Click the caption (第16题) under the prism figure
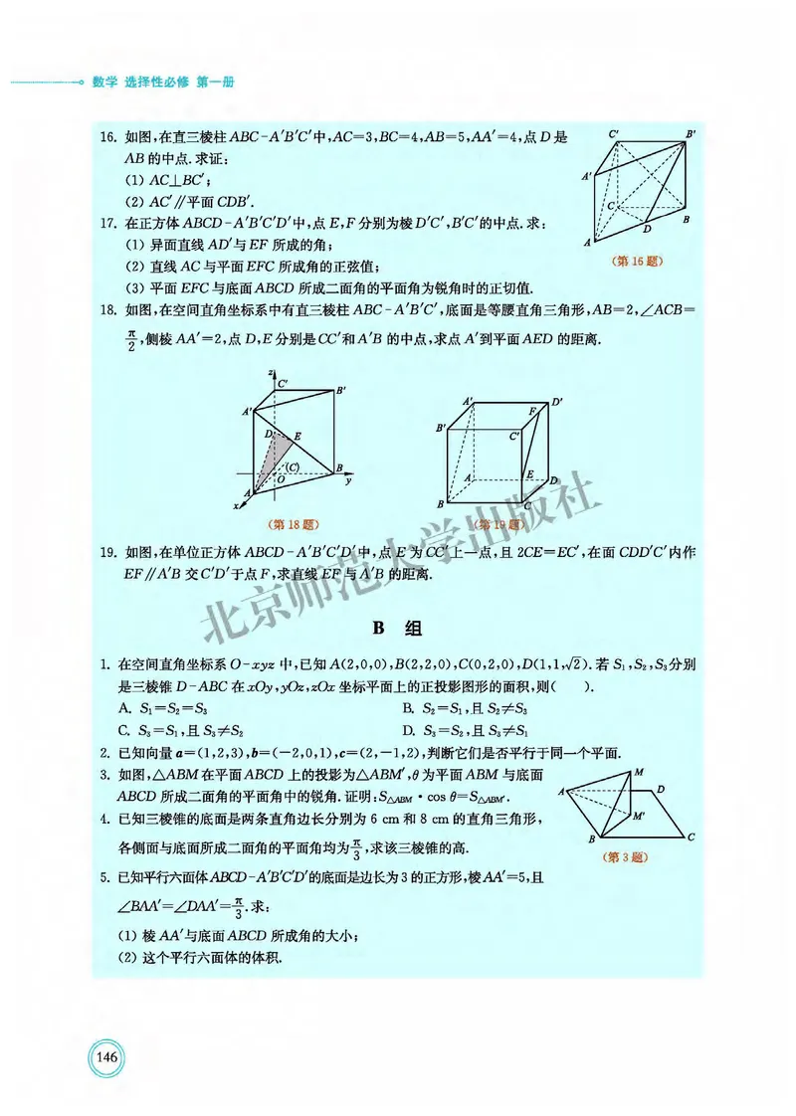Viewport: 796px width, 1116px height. click(637, 262)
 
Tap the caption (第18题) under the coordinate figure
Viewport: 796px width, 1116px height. click(288, 522)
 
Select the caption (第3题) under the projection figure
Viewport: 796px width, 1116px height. click(627, 855)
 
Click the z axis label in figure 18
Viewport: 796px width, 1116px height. click(270, 371)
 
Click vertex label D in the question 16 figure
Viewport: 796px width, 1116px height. click(647, 229)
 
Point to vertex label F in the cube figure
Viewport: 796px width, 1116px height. click(532, 411)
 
